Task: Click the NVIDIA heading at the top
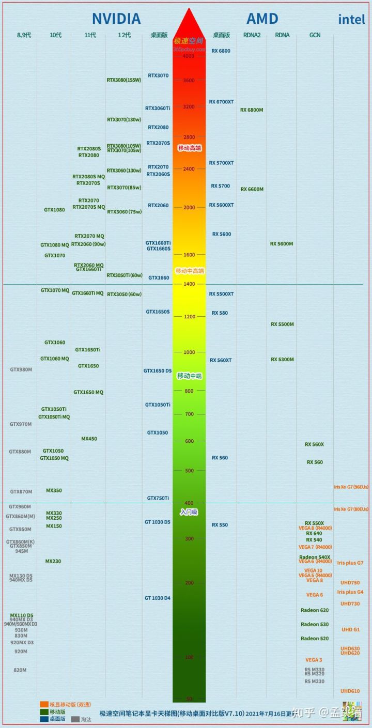(x=116, y=19)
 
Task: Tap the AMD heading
(x=263, y=19)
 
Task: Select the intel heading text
(x=351, y=20)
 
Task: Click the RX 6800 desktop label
(x=221, y=51)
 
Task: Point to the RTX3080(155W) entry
(x=123, y=80)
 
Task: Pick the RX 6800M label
(x=252, y=110)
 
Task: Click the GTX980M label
(x=21, y=369)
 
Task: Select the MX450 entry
(x=89, y=439)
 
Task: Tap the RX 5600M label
(x=282, y=244)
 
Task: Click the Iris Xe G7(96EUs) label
(x=351, y=487)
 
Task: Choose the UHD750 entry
(x=350, y=583)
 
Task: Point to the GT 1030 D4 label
(x=158, y=598)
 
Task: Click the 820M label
(x=20, y=670)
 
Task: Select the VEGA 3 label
(x=314, y=660)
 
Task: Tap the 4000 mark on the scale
(x=189, y=56)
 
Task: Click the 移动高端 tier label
(x=189, y=148)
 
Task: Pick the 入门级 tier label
(x=189, y=512)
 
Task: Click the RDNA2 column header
(x=252, y=35)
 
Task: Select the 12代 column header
(x=124, y=35)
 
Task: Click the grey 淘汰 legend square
(x=75, y=719)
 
